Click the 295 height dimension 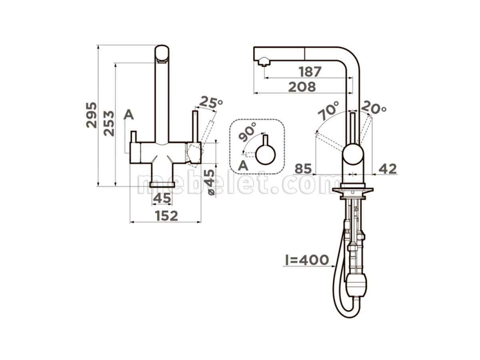[92, 115]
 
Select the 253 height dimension [109, 124]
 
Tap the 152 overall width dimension [167, 216]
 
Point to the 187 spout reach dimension [310, 72]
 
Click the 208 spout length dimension [302, 87]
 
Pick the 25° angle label [210, 102]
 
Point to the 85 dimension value [303, 169]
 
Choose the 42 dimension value [387, 169]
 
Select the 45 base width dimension [162, 198]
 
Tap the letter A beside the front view [128, 114]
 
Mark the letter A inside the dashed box [243, 166]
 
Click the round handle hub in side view [353, 154]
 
